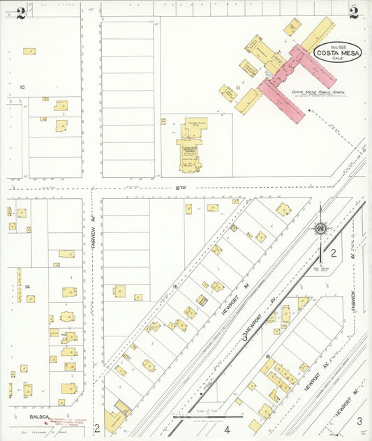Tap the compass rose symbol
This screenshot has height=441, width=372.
pyautogui.click(x=320, y=227)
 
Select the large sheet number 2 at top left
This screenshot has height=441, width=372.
pyautogui.click(x=21, y=12)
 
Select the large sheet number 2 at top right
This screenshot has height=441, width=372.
pyautogui.click(x=354, y=12)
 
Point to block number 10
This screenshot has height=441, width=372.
pyautogui.click(x=22, y=87)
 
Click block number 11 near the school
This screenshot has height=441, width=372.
pyautogui.click(x=238, y=87)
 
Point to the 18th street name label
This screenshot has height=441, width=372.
pyautogui.click(x=182, y=187)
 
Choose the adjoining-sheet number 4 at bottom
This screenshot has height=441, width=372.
pyautogui.click(x=227, y=429)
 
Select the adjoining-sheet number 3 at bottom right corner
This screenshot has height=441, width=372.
pyautogui.click(x=359, y=421)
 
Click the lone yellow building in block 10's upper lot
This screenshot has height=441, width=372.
pyautogui.click(x=29, y=51)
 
